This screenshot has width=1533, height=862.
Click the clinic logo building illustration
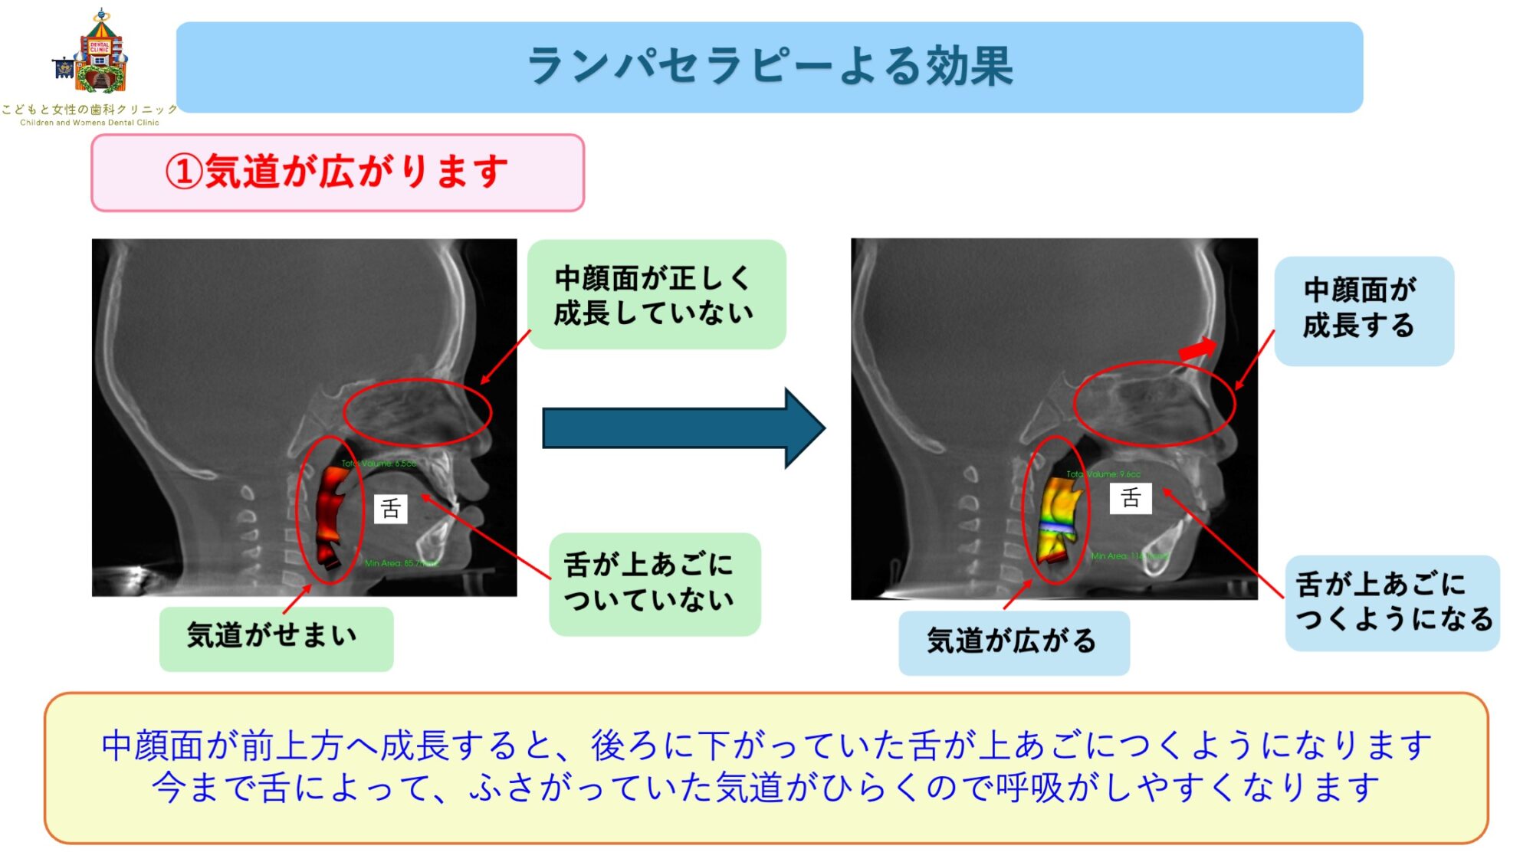[x=98, y=54]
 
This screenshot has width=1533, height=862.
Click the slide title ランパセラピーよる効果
[x=770, y=66]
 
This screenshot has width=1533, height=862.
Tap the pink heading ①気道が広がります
[x=337, y=172]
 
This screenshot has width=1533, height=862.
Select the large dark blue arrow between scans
[x=683, y=428]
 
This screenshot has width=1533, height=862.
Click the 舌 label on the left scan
[x=390, y=509]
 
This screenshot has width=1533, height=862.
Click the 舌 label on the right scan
[x=1131, y=498]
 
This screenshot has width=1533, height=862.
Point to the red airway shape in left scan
[x=332, y=513]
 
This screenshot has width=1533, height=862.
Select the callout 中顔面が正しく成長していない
[x=655, y=295]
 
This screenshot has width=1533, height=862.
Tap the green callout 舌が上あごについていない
[x=654, y=583]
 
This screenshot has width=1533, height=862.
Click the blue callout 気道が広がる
[x=1013, y=642]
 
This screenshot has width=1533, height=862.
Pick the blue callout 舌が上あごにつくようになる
[x=1392, y=602]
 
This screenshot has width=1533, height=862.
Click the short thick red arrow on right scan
[x=1197, y=349]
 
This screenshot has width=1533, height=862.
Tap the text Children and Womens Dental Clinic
[x=90, y=123]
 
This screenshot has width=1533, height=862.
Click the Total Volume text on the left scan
[x=379, y=464]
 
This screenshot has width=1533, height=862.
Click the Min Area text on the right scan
[x=1128, y=556]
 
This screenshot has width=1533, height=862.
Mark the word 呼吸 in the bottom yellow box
[x=1029, y=788]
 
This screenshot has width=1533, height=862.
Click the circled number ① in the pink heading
[x=184, y=172]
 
